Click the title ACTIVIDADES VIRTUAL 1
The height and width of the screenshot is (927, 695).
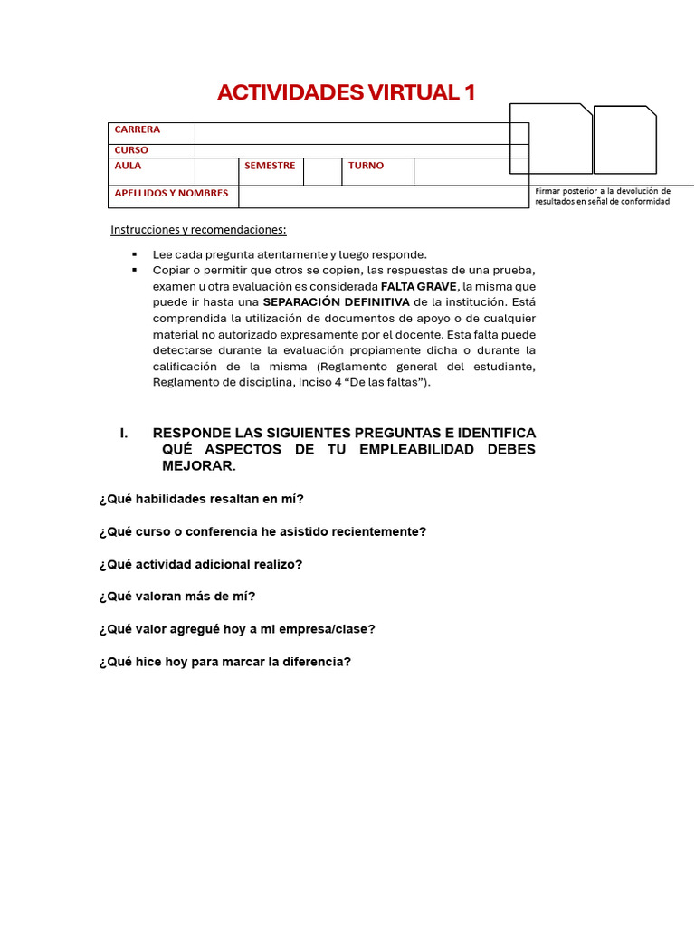(346, 92)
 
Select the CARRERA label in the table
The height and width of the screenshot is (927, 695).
(138, 130)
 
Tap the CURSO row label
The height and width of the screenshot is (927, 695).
(131, 150)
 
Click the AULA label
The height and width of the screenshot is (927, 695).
(128, 167)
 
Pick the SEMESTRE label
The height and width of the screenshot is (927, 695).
(270, 167)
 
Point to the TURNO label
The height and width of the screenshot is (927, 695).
(366, 167)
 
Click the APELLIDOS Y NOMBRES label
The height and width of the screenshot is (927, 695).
(171, 194)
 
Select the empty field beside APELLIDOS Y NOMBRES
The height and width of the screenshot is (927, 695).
(384, 196)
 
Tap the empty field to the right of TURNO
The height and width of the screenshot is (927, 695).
(471, 171)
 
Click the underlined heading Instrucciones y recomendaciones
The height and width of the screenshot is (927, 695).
(198, 230)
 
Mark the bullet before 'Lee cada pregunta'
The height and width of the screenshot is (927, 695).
(135, 254)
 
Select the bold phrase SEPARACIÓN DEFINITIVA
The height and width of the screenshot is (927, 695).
(336, 302)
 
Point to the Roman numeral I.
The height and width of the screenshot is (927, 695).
(124, 433)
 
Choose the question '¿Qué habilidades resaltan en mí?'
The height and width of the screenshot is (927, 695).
(201, 499)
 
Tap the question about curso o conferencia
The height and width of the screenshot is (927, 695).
(262, 531)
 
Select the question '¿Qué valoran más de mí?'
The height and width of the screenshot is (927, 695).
(177, 597)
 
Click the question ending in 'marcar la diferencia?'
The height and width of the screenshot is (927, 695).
(224, 662)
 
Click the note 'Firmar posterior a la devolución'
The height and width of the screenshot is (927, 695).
(603, 191)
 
